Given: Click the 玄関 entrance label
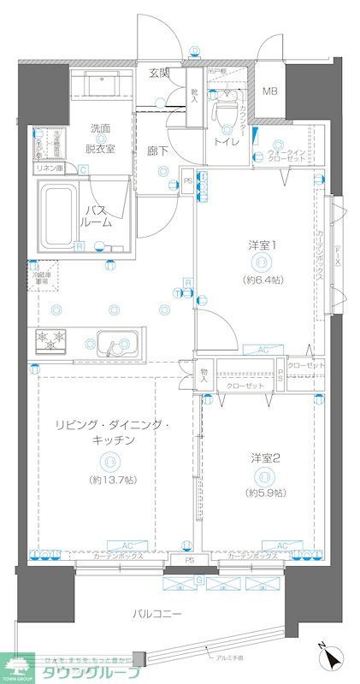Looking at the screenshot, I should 158,73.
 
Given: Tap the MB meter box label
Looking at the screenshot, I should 270,91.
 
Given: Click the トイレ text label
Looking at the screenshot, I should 227,141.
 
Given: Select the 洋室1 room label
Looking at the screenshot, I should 261,246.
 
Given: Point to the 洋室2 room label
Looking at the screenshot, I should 264,457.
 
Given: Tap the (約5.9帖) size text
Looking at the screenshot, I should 264,493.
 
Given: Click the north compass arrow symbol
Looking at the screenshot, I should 329,659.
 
